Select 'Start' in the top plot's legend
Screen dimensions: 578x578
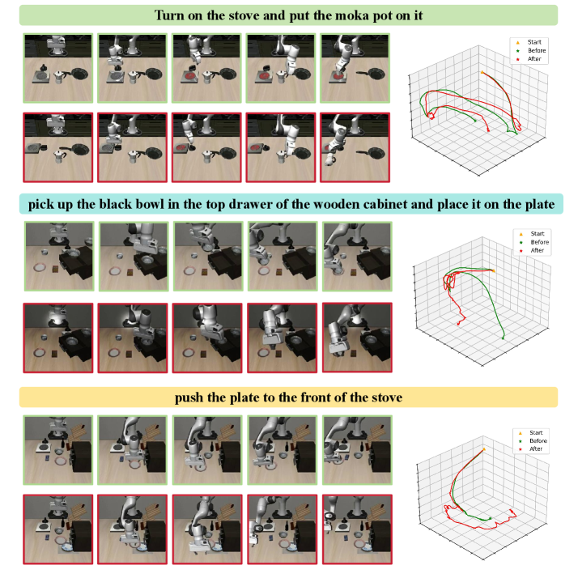(534, 42)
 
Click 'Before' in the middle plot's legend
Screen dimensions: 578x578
(540, 242)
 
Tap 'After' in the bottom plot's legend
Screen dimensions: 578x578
(536, 449)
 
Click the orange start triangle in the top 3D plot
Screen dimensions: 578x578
(482, 72)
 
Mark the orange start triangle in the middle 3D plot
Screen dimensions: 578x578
(493, 270)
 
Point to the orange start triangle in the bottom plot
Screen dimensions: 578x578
(484, 449)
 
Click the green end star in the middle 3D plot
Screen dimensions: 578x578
(503, 338)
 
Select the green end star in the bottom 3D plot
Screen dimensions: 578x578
(491, 519)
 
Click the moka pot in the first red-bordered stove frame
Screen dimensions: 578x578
(59, 156)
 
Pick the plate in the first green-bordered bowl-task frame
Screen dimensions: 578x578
(39, 267)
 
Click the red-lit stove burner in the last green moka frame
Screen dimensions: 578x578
(339, 77)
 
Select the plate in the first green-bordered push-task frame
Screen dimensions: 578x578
(60, 461)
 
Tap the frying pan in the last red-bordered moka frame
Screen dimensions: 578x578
(372, 153)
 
